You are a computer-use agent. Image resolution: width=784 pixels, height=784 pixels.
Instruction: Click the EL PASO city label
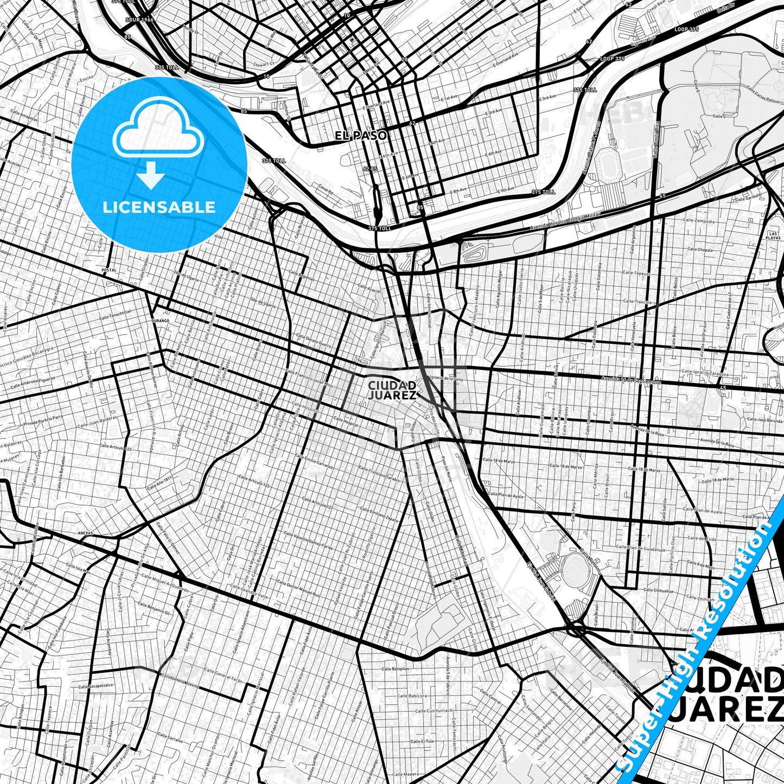pos(361,136)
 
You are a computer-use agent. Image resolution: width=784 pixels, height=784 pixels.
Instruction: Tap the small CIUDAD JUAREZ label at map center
pos(392,390)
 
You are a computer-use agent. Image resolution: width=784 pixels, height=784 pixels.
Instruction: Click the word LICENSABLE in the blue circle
pos(160,207)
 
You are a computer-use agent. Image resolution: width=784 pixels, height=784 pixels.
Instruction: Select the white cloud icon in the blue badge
pos(158,132)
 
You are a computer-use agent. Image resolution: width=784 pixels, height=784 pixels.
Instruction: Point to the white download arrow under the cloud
pos(151,175)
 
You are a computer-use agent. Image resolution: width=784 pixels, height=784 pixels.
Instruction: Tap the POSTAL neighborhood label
pos(109,270)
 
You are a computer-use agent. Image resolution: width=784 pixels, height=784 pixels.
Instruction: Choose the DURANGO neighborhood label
pos(161,321)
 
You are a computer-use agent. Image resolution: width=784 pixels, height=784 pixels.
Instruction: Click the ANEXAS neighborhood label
pos(86,533)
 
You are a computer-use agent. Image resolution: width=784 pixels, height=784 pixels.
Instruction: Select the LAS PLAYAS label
pos(774,235)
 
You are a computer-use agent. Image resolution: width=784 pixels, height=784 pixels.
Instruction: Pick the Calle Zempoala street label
pos(700,221)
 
